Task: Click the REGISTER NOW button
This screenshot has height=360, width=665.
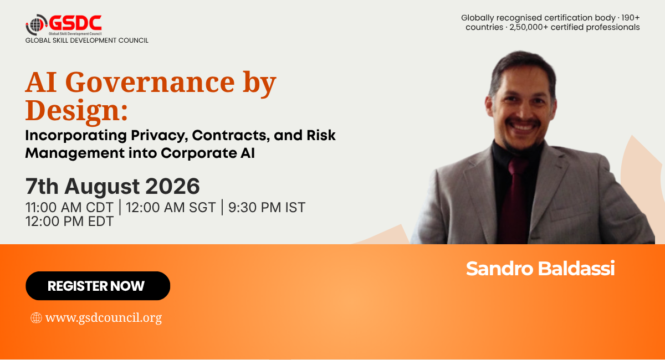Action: (x=98, y=286)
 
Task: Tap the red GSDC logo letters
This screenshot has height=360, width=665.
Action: (x=75, y=23)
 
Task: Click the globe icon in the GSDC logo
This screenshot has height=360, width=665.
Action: (x=35, y=25)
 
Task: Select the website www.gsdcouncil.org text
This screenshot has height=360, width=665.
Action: (x=104, y=318)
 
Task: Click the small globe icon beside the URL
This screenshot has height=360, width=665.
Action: (x=36, y=318)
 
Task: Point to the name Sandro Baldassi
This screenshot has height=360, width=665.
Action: (x=540, y=269)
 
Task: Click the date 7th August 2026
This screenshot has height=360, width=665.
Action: (x=112, y=186)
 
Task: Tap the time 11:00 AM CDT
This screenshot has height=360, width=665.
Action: (x=69, y=208)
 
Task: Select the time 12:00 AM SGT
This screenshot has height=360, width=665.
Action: (x=171, y=208)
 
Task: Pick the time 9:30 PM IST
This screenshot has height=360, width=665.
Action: (x=267, y=208)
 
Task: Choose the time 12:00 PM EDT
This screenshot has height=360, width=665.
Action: (x=69, y=222)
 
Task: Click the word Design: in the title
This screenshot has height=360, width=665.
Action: (x=76, y=110)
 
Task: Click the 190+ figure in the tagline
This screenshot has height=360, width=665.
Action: (x=630, y=18)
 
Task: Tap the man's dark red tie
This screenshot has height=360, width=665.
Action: (x=515, y=199)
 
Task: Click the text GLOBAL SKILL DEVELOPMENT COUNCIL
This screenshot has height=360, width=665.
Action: (x=86, y=40)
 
